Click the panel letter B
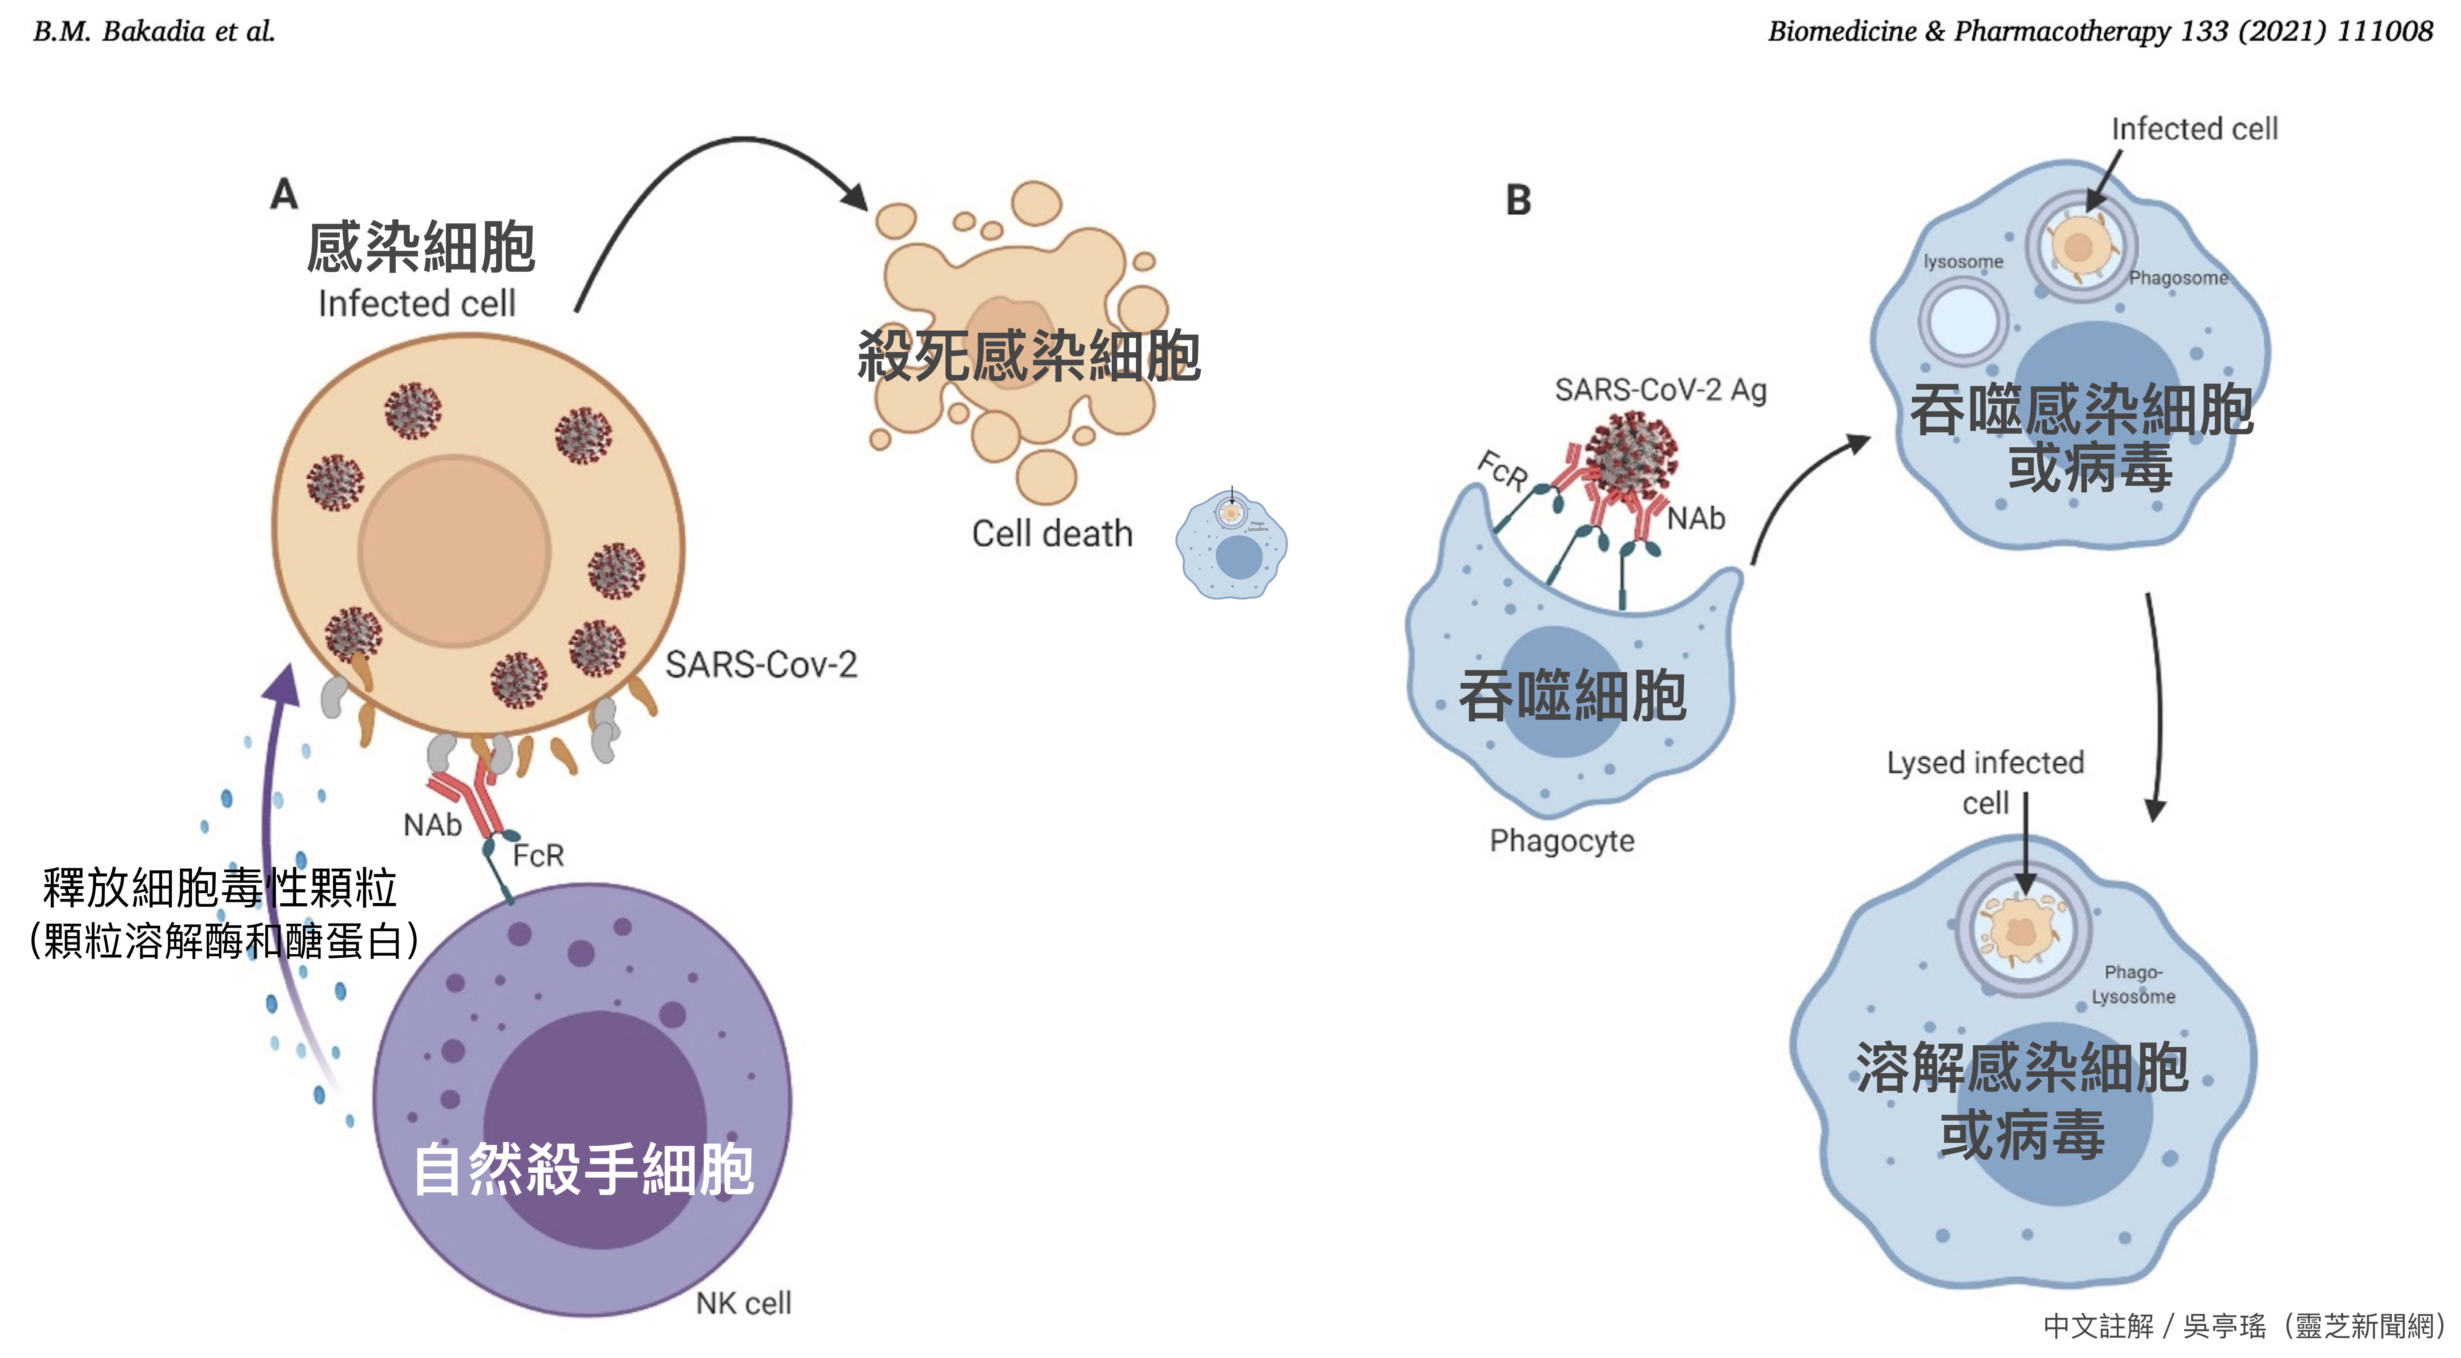pos(1518,200)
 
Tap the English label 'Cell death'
pos(1052,534)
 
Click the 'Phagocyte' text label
pos(1562,840)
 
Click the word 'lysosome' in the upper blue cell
pos(1963,262)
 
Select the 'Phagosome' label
pos(2178,278)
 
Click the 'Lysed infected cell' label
pos(1985,781)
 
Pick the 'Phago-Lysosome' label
pos(2133,984)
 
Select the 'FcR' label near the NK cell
pos(538,856)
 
